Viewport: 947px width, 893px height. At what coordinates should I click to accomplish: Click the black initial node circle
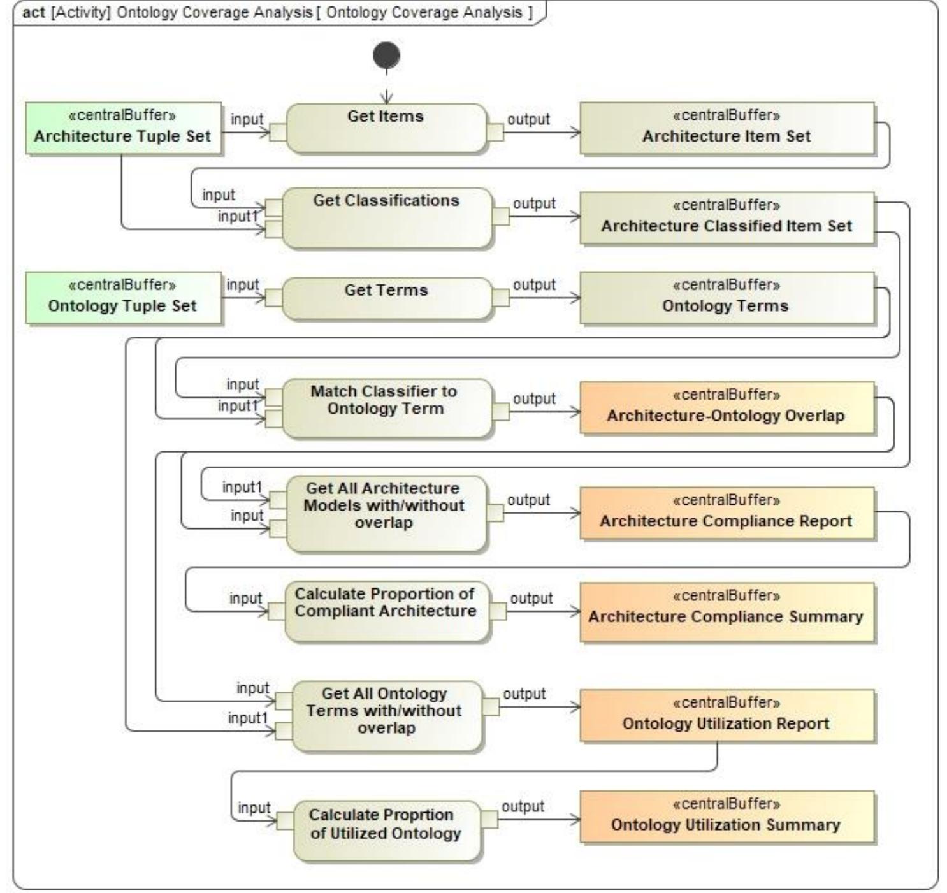pyautogui.click(x=386, y=56)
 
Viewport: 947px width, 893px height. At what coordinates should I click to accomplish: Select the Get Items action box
pyautogui.click(x=386, y=128)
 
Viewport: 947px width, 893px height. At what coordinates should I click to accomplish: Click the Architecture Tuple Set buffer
pyautogui.click(x=123, y=128)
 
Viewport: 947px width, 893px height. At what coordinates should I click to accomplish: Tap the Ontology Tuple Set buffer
pyautogui.click(x=123, y=298)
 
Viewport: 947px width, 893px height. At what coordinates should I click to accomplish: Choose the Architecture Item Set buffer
pyautogui.click(x=727, y=128)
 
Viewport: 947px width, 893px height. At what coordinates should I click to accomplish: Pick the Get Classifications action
pyautogui.click(x=386, y=217)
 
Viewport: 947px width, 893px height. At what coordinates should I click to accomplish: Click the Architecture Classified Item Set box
pyautogui.click(x=727, y=218)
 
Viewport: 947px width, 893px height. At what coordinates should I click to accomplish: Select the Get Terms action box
pyautogui.click(x=386, y=298)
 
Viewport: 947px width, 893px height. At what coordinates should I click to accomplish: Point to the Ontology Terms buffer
pyautogui.click(x=727, y=298)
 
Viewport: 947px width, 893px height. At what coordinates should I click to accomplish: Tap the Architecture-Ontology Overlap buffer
pyautogui.click(x=727, y=408)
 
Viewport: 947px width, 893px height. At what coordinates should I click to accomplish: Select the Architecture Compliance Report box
pyautogui.click(x=727, y=513)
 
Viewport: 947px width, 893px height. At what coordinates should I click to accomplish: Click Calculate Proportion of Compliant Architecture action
pyautogui.click(x=386, y=611)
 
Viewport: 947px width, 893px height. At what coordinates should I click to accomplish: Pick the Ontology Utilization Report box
pyautogui.click(x=727, y=715)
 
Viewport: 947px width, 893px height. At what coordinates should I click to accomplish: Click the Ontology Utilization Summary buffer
pyautogui.click(x=727, y=817)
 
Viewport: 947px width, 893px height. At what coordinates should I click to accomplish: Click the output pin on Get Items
pyautogui.click(x=495, y=132)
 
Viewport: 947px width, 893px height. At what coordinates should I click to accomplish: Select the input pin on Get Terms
pyautogui.click(x=273, y=298)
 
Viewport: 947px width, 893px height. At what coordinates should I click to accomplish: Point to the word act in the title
pyautogui.click(x=34, y=13)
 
